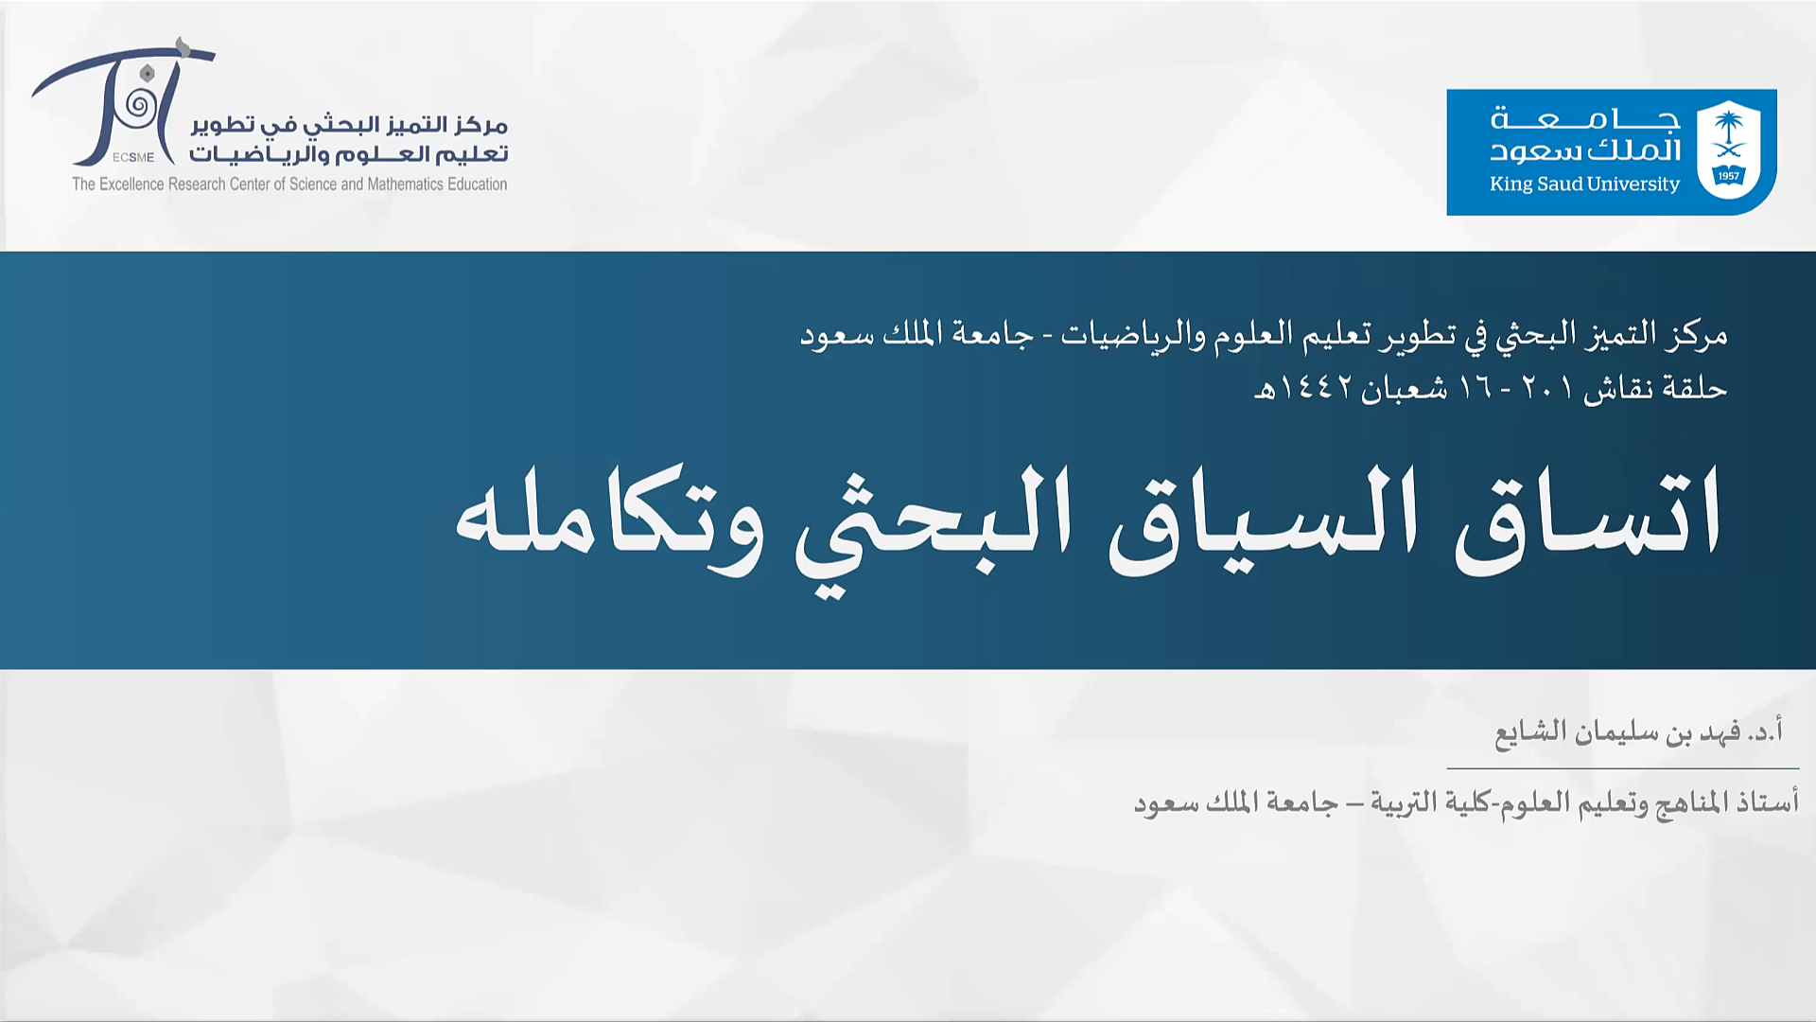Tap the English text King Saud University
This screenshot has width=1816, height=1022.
1584,184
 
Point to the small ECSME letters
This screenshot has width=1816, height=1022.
133,157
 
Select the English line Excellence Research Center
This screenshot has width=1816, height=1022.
289,184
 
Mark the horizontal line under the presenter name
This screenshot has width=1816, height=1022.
1623,768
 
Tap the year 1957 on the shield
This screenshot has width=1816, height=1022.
1729,176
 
